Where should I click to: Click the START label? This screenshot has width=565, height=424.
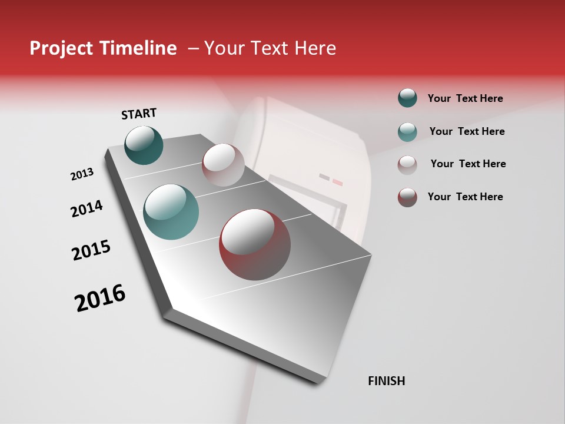pos(139,114)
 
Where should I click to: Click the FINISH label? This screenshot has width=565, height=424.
pos(386,381)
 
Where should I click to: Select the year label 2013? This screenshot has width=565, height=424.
pos(82,174)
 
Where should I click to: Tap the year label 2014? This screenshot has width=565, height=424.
pos(87,209)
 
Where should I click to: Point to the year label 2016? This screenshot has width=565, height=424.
pos(100,298)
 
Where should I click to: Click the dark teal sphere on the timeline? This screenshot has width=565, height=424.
pos(144,145)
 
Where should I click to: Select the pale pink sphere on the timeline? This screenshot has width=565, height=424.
pos(223,165)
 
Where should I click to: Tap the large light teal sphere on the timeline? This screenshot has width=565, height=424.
pos(171,212)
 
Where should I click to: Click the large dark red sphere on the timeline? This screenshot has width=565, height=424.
pos(255,245)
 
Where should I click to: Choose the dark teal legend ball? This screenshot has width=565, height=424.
pos(407,98)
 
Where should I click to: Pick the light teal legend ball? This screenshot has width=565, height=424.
pos(407,132)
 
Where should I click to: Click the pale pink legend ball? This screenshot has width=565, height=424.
pos(407,164)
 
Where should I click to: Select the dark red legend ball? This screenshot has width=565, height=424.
pos(407,197)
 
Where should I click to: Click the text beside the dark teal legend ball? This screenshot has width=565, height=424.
pos(465,98)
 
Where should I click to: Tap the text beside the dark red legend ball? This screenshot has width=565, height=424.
pos(465,197)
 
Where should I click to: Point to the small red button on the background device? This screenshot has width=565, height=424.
pos(337,183)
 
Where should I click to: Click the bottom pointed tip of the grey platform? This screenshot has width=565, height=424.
pos(318,382)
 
